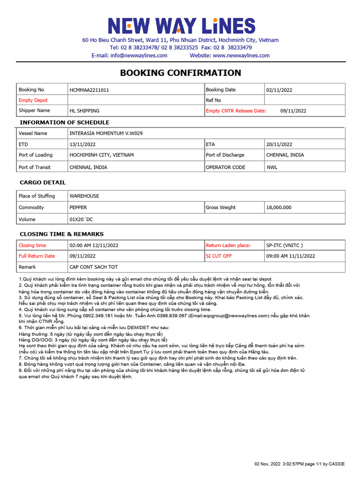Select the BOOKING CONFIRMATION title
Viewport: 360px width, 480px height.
[180, 73]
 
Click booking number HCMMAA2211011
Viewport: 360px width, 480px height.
[89, 90]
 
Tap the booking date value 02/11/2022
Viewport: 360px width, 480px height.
[279, 90]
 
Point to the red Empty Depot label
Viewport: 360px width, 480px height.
[33, 100]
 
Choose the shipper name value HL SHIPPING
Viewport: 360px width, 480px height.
[84, 111]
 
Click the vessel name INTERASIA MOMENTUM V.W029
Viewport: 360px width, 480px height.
[106, 133]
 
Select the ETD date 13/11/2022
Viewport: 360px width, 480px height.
[82, 144]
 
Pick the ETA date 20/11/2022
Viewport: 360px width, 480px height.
[279, 144]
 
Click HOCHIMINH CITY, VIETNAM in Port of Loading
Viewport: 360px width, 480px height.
[102, 155]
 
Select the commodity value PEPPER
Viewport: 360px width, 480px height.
[78, 207]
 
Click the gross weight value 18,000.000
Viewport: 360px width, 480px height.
[279, 207]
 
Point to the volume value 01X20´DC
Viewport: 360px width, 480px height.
[82, 219]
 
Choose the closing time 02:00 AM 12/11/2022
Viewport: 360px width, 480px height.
[94, 245]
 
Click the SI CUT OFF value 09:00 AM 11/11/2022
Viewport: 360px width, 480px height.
[291, 256]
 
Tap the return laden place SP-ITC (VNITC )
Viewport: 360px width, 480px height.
[285, 245]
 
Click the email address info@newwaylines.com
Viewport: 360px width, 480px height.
[139, 55]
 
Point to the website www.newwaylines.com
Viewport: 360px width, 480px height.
[241, 55]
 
